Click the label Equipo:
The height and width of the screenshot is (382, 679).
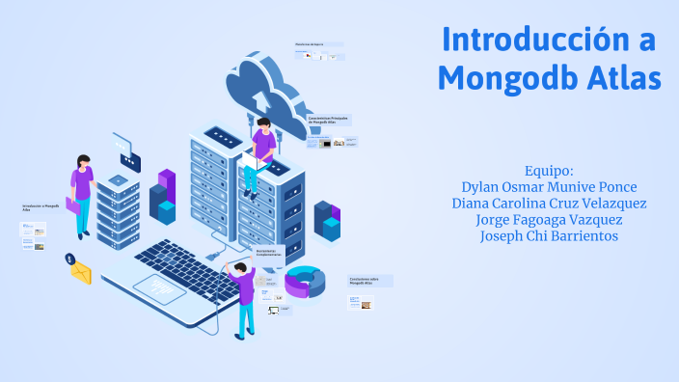[549, 170]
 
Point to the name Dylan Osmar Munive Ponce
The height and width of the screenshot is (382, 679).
[549, 186]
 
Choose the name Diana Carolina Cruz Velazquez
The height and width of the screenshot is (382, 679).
[549, 204]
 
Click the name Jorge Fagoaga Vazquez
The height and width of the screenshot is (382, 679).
[549, 220]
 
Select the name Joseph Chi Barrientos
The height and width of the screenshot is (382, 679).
[549, 236]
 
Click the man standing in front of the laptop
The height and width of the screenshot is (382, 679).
[243, 294]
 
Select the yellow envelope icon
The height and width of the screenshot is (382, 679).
[80, 273]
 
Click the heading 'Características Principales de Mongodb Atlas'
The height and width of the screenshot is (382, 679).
[328, 121]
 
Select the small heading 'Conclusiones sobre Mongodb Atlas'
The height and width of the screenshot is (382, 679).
[367, 281]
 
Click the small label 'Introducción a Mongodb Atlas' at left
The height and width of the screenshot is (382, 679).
[34, 208]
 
